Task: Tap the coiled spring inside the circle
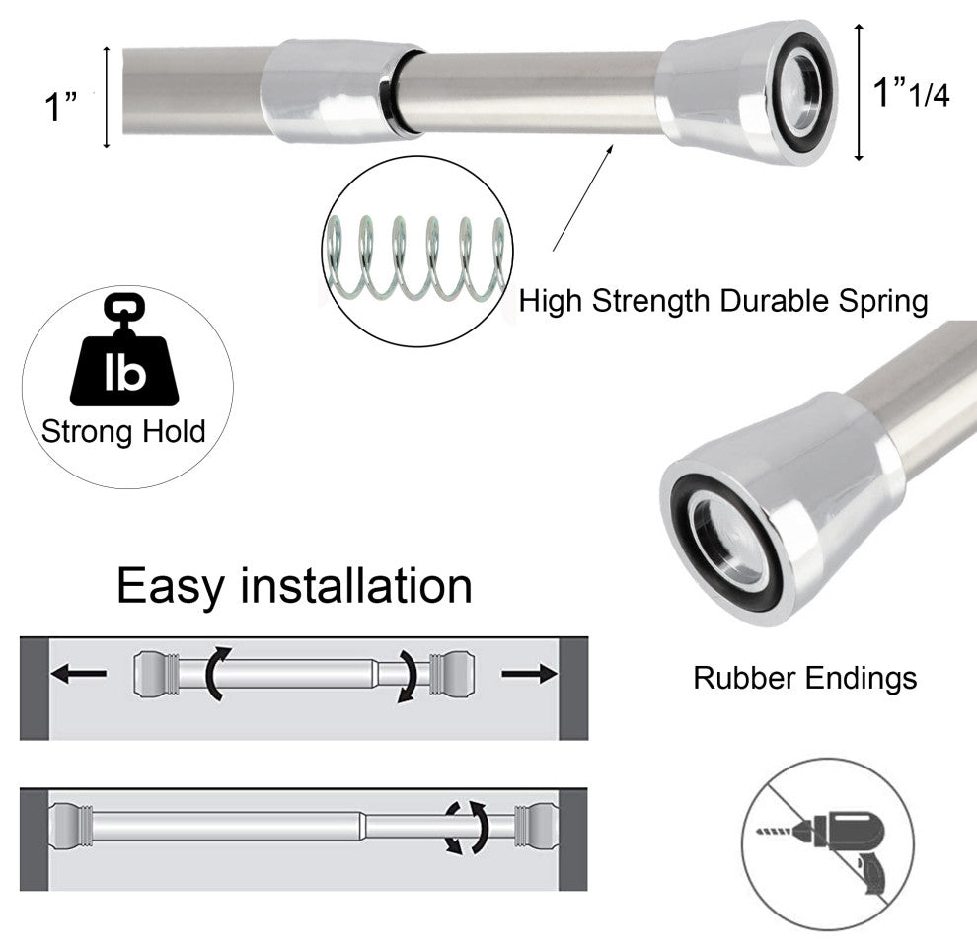click(x=414, y=258)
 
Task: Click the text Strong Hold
click(x=123, y=431)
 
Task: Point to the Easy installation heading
click(x=294, y=586)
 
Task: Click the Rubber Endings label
click(x=804, y=678)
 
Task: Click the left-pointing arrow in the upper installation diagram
click(x=79, y=674)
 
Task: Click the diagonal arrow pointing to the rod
click(x=583, y=196)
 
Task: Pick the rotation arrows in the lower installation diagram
click(x=466, y=827)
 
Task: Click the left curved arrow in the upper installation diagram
click(x=217, y=674)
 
